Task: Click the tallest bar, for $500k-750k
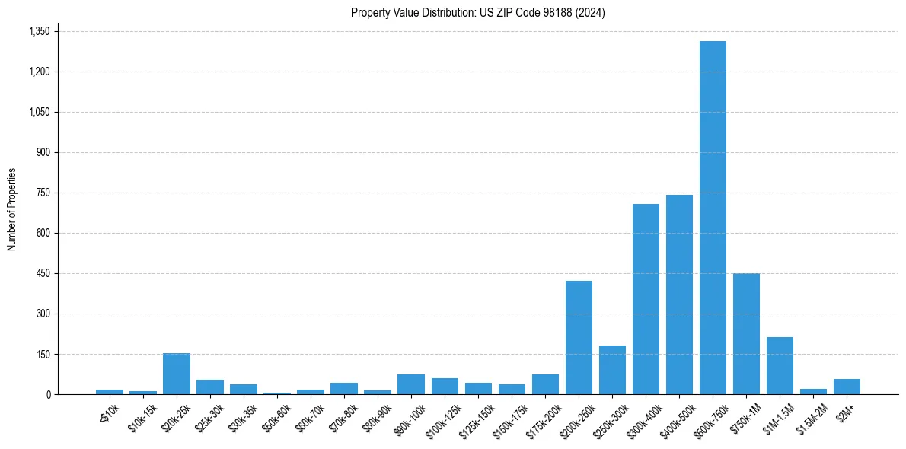point(713,218)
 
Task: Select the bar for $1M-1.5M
point(780,365)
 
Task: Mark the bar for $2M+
point(847,387)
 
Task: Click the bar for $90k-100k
point(410,384)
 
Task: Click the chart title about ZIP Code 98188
point(478,13)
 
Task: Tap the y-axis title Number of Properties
point(12,209)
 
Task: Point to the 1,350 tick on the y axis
point(39,31)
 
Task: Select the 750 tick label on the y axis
point(43,193)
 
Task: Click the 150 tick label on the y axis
point(43,354)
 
